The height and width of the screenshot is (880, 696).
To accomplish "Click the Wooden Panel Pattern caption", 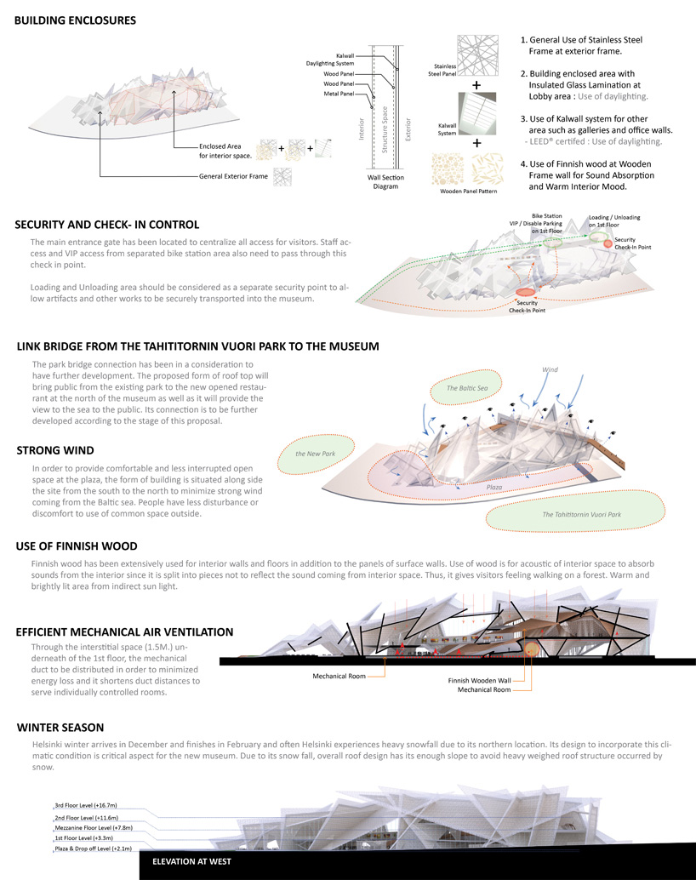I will pos(468,191).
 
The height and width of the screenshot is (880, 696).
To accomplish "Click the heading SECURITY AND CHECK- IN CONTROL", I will pos(106,225).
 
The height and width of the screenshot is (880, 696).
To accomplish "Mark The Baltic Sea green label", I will pos(467,388).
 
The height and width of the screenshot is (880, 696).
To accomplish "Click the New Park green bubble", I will pos(312,454).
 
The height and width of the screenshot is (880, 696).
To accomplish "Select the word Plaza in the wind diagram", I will pos(494,487).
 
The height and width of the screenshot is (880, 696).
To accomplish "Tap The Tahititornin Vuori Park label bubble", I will pos(581,515).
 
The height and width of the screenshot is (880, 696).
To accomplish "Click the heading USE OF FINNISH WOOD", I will pos(76,546).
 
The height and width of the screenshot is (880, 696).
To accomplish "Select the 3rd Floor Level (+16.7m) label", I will pos(86,804).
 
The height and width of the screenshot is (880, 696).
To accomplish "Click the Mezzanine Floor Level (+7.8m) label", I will pos(93,826).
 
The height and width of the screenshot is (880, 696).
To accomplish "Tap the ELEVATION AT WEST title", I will pos(185,860).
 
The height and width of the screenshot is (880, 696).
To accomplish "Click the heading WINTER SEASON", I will pos(60,728).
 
